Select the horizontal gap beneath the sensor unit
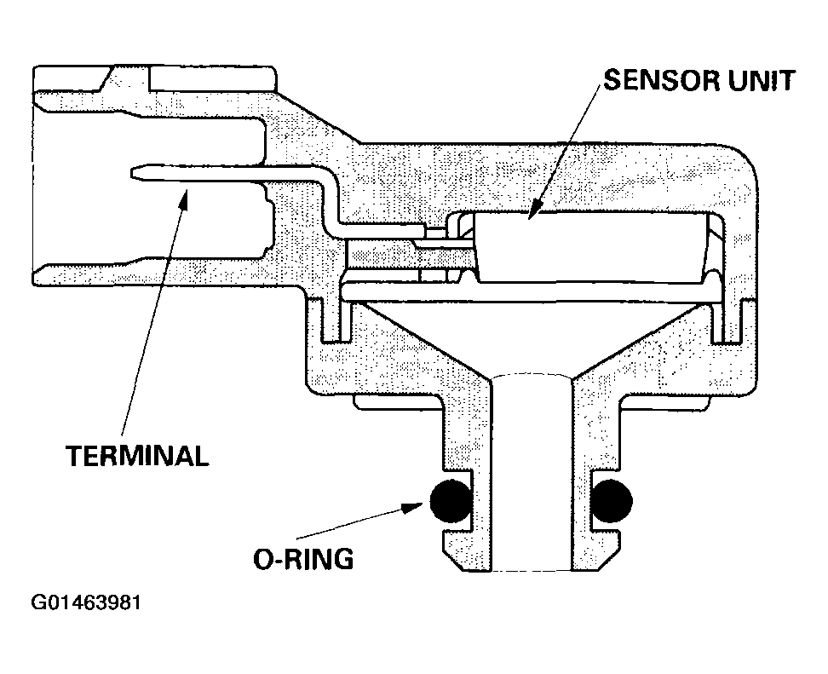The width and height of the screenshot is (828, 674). pos(528,292)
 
